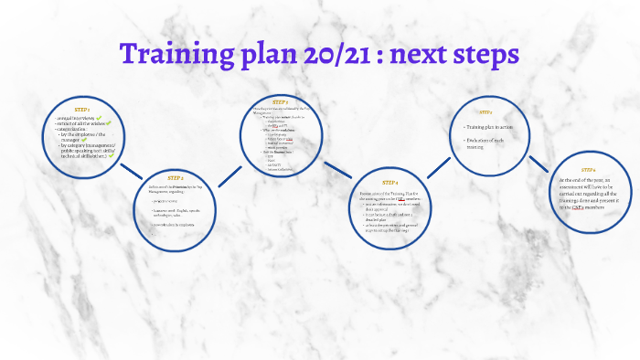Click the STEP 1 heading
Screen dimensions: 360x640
click(x=81, y=111)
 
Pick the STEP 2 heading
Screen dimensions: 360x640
click(x=175, y=177)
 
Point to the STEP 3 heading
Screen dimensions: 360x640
click(x=281, y=101)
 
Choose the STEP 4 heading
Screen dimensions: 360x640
click(x=390, y=183)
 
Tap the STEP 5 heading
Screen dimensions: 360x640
click(x=486, y=113)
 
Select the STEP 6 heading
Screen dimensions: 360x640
click(x=589, y=170)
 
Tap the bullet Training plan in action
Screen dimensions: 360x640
click(x=489, y=127)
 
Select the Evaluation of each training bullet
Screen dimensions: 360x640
click(x=487, y=143)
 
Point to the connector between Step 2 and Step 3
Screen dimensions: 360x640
click(x=229, y=174)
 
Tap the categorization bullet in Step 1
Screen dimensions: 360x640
click(x=73, y=130)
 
